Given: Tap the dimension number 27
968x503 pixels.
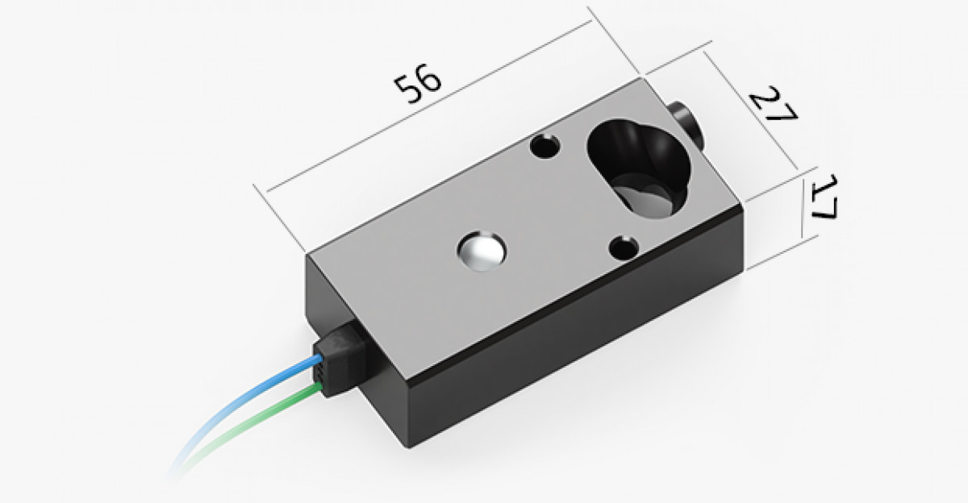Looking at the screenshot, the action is click(773, 104).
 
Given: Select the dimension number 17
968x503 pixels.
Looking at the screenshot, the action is click(824, 197).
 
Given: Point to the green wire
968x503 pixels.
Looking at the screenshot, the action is click(255, 426).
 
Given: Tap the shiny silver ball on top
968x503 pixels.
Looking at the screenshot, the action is click(482, 251).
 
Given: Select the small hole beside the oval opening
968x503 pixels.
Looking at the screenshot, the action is click(545, 146).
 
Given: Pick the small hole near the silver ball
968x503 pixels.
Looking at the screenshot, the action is click(624, 248).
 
